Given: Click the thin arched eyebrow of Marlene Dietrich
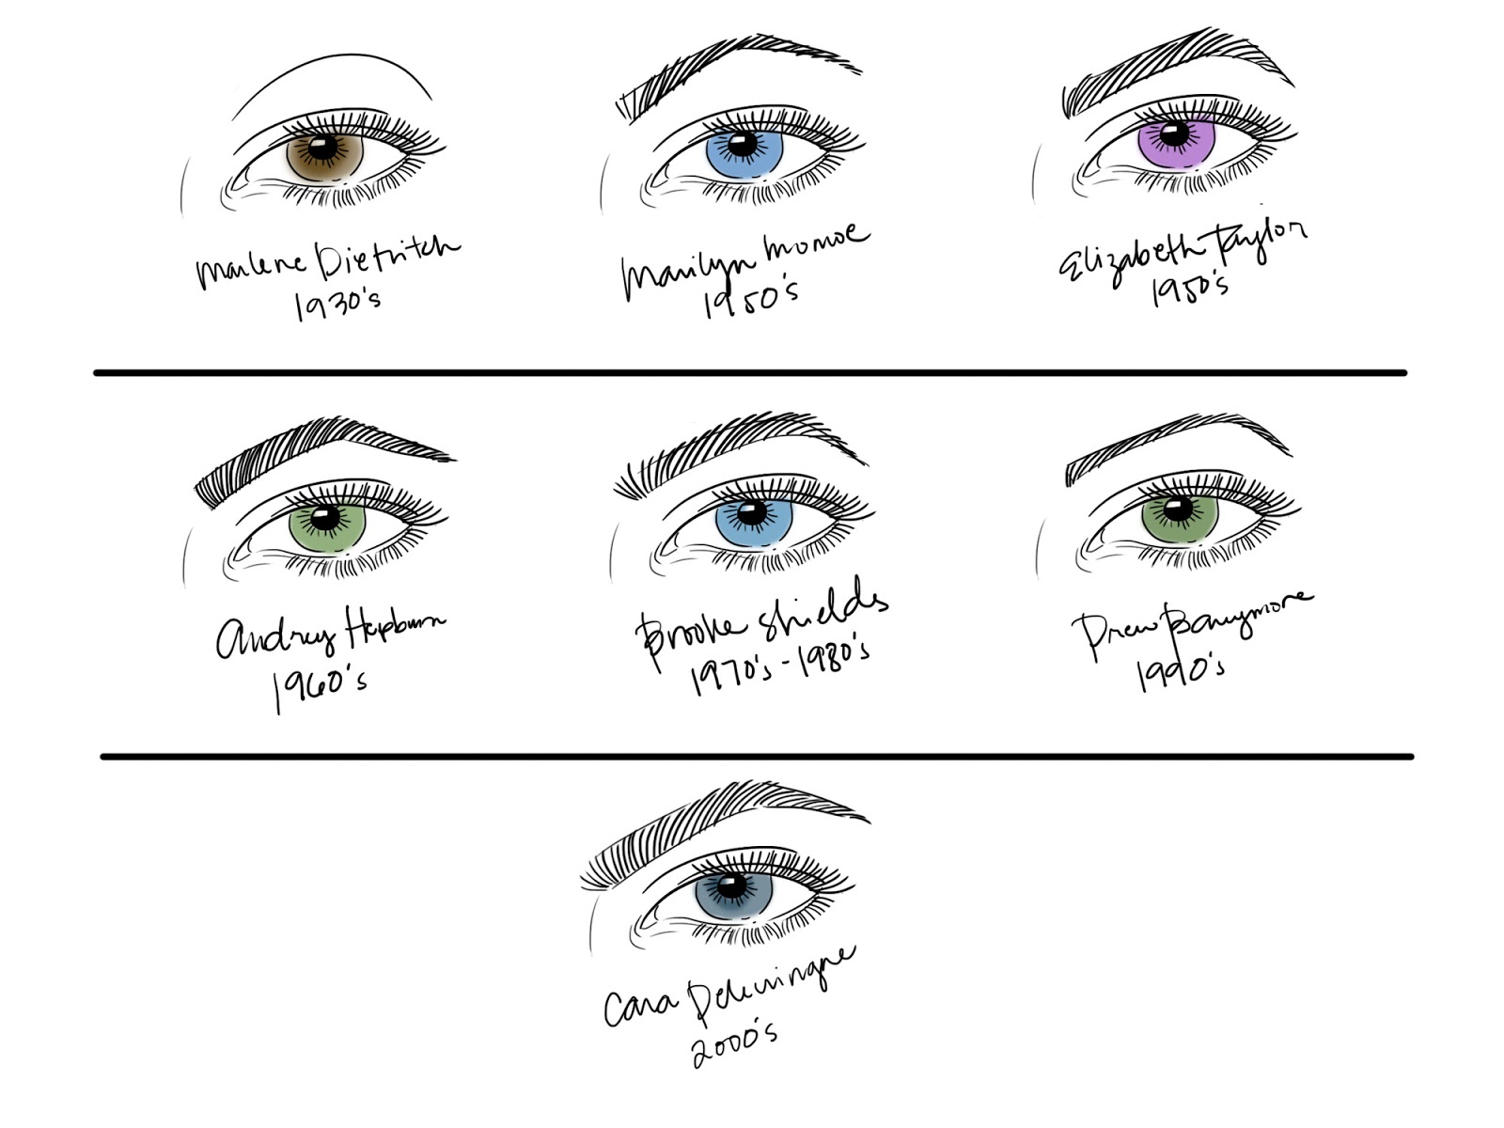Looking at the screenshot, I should click(329, 77).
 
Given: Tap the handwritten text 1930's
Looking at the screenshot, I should click(337, 303).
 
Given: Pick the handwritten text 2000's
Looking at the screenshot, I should click(735, 1043).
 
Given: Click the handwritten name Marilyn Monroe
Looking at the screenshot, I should click(743, 254).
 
